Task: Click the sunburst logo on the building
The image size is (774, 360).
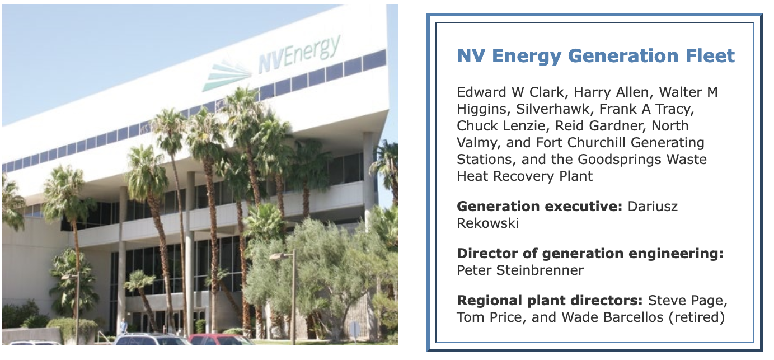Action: pyautogui.click(x=228, y=75)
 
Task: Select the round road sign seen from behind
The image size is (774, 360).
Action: pyautogui.click(x=354, y=329)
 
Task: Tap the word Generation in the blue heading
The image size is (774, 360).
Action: pyautogui.click(x=623, y=55)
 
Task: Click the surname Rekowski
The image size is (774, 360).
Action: pyautogui.click(x=487, y=223)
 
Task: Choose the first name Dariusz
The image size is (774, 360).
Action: pyautogui.click(x=653, y=207)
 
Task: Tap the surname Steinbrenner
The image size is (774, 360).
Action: pyautogui.click(x=540, y=270)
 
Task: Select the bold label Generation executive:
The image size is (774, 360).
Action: pyautogui.click(x=540, y=207)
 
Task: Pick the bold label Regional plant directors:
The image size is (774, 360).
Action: pyautogui.click(x=550, y=301)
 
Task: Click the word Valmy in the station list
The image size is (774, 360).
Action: pyautogui.click(x=479, y=143)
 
